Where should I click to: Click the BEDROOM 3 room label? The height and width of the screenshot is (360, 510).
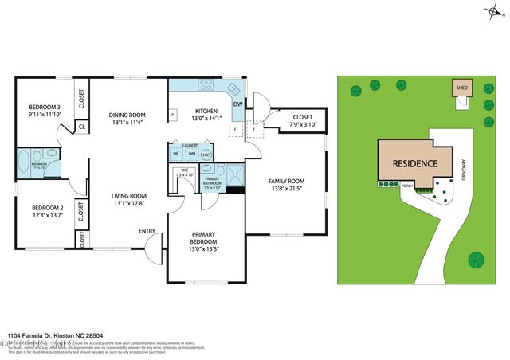[x=45, y=107]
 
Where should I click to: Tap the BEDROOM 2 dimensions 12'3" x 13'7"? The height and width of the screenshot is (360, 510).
[x=45, y=215]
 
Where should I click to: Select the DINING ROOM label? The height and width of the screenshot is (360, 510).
[x=128, y=115]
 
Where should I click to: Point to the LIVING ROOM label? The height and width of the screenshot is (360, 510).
[x=128, y=196]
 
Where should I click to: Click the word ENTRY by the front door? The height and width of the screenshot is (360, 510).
[x=147, y=231]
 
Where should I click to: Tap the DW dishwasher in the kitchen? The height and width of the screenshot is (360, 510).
[x=237, y=104]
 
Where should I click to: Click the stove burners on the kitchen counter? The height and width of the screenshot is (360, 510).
[x=206, y=87]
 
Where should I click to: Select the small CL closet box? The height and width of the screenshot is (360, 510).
[x=81, y=126]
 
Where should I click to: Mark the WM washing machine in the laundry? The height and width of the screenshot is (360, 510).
[x=191, y=154]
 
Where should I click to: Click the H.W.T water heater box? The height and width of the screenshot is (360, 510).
[x=206, y=154]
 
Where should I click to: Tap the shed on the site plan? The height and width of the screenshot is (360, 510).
[x=461, y=88]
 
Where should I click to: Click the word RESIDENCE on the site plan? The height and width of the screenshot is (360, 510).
[x=414, y=163]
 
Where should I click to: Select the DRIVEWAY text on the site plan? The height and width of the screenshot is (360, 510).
[x=464, y=171]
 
